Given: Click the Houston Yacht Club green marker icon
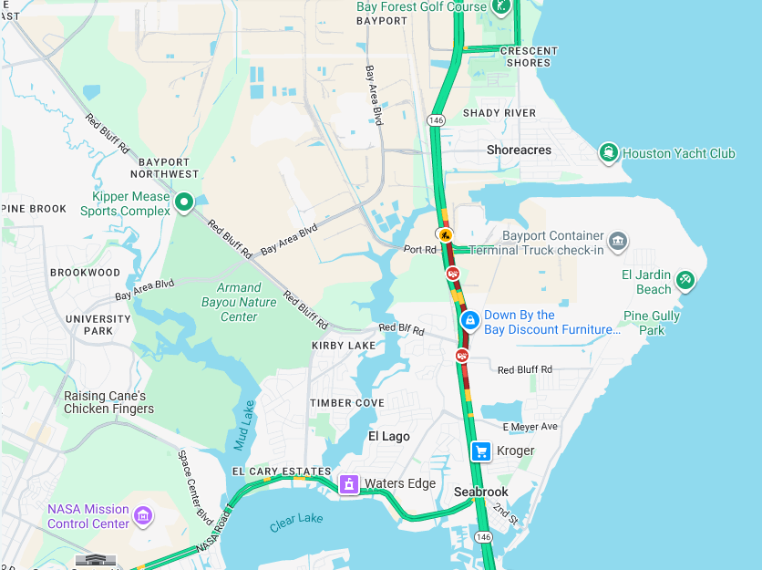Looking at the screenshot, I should click(608, 152).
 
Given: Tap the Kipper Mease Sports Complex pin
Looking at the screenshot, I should click(184, 202).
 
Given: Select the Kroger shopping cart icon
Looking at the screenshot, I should click(481, 451).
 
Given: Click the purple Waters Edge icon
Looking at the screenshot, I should click(348, 483).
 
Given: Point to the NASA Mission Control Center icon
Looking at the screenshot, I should click(142, 516).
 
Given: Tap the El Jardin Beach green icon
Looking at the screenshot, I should click(685, 278).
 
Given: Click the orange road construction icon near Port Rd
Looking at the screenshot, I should click(444, 234).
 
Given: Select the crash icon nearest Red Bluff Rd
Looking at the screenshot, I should click(462, 354).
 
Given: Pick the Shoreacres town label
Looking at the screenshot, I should click(519, 150).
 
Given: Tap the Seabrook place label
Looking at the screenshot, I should click(481, 492).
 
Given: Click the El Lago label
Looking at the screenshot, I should click(389, 436).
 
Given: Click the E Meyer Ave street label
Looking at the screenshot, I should click(530, 427).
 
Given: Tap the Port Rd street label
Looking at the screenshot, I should click(420, 249).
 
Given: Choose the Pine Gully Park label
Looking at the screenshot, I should click(652, 323).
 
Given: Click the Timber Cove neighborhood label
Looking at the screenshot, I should click(346, 403).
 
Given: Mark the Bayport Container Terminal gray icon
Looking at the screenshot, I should click(618, 241).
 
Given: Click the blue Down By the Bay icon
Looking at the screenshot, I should click(469, 320).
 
